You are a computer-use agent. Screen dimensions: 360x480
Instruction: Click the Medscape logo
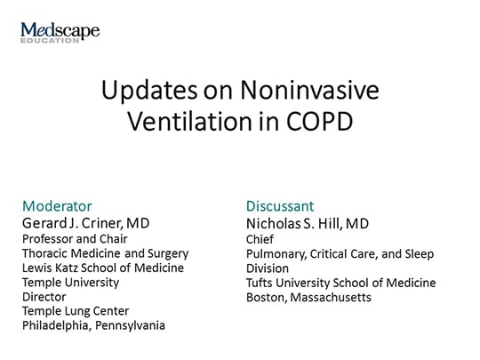pos(60,33)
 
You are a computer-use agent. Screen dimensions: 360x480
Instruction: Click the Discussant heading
pos(280,206)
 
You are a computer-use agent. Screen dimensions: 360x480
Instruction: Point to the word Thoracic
pos(47,252)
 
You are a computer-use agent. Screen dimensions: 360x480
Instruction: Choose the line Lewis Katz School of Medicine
pos(103,268)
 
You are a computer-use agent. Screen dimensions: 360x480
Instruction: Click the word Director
pos(45,296)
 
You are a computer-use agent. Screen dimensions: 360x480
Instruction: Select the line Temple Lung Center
pos(76,310)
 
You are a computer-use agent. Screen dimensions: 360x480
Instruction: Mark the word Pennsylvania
pos(133,325)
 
